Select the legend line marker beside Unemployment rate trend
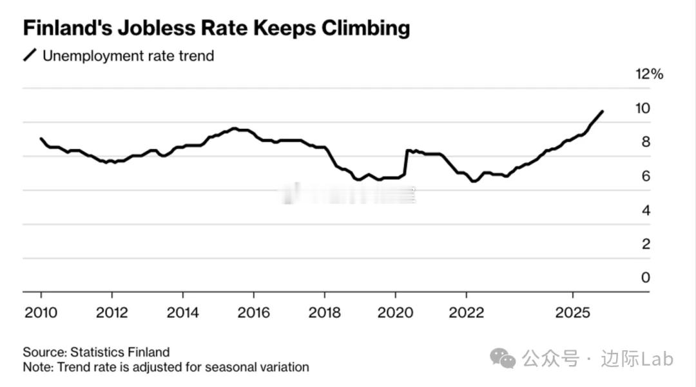[30, 55]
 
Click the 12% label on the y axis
[649, 74]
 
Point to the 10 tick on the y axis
[643, 108]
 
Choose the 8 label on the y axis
[646, 143]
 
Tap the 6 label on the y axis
[646, 176]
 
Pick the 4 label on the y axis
[646, 210]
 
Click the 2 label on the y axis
[646, 244]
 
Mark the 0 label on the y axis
[646, 278]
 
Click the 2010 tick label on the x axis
[41, 313]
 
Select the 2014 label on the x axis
[183, 313]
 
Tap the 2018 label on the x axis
[324, 313]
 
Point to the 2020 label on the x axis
[395, 313]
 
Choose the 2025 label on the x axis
[573, 313]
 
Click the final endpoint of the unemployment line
[602, 112]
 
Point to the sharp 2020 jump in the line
[406, 162]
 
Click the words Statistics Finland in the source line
[120, 352]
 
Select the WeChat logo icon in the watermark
[503, 358]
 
